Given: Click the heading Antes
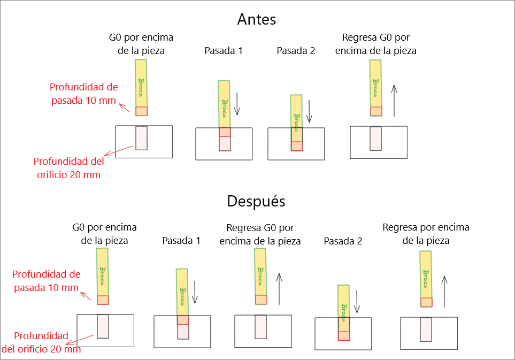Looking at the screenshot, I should click(x=257, y=20).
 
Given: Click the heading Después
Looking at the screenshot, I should click(x=256, y=202).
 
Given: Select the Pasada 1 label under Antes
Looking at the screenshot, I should click(x=224, y=51).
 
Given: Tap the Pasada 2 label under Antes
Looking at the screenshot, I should click(x=296, y=51).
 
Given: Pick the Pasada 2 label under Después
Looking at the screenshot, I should click(x=343, y=241).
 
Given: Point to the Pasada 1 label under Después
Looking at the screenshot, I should click(x=181, y=241).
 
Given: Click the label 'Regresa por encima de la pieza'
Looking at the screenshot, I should click(x=426, y=234).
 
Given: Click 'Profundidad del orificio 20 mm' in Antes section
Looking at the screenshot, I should click(x=67, y=167).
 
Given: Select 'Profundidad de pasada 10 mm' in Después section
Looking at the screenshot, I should click(x=47, y=281).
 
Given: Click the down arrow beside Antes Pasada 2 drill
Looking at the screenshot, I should click(x=309, y=112).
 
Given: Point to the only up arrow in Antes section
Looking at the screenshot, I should click(x=394, y=100).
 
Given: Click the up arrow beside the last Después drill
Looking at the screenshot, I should click(x=444, y=289).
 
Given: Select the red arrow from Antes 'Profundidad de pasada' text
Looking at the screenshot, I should click(x=124, y=108).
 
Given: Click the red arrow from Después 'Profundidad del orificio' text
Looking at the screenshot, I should click(x=86, y=341).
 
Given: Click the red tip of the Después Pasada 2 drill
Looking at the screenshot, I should click(x=344, y=336).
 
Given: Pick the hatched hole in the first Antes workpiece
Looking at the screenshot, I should click(x=141, y=138).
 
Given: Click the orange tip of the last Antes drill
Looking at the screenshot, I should click(x=376, y=111).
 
